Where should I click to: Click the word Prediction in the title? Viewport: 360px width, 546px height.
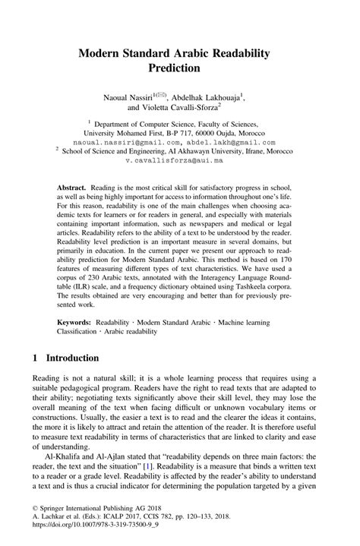click(x=180, y=68)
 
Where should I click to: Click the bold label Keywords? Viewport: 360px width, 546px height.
click(x=78, y=322)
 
